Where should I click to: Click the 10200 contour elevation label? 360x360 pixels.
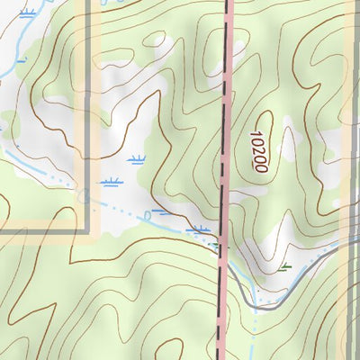point(258,150)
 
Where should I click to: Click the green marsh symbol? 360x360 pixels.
point(285,266)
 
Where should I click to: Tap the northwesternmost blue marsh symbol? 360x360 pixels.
point(28,13)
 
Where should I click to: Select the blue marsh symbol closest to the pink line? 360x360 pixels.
point(200,231)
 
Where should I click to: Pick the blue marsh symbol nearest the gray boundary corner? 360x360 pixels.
point(111,183)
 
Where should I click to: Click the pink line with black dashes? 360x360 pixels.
point(224,135)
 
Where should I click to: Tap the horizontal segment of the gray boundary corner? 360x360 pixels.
point(45,230)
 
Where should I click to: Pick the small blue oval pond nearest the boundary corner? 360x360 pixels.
point(83,193)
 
